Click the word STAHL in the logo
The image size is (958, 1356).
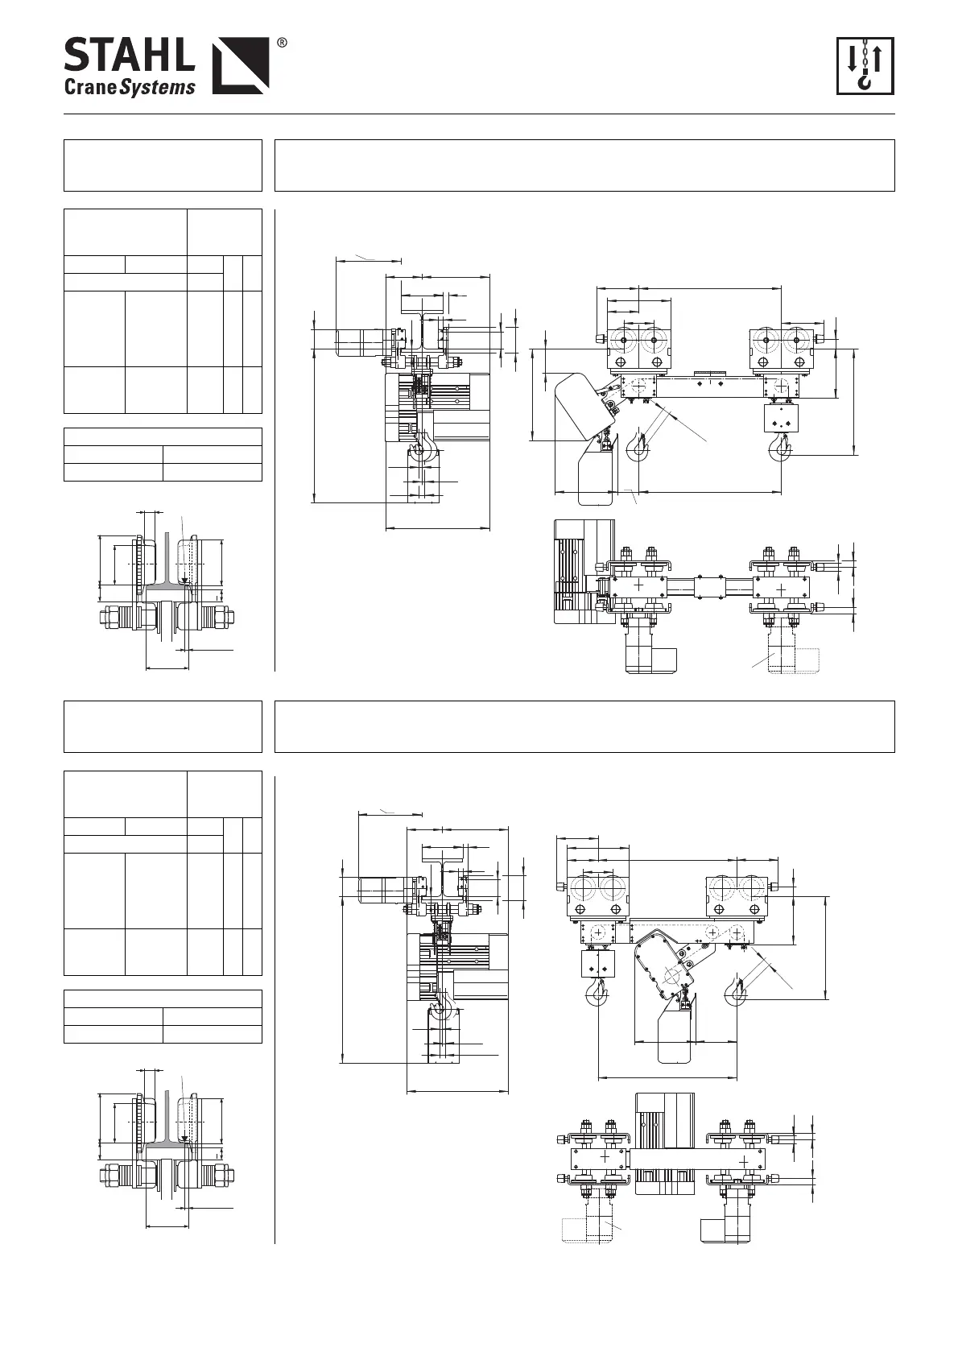click(128, 56)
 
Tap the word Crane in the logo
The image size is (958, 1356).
click(90, 87)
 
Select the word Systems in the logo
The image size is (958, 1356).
click(158, 88)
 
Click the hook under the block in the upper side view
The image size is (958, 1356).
click(779, 447)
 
